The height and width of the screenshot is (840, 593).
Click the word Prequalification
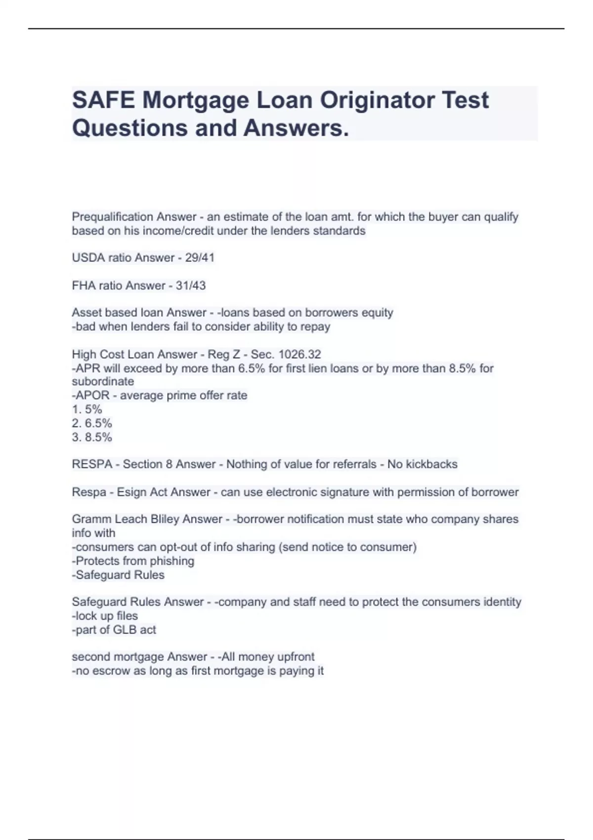coord(112,217)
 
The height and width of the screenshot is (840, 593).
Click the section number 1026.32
coord(300,354)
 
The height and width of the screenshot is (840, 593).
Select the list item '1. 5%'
coord(87,410)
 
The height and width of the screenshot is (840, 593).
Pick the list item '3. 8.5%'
coord(92,437)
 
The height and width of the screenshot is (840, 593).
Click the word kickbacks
coord(431,464)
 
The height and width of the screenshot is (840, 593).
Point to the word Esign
coord(132,492)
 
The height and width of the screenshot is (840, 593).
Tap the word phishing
coord(172,561)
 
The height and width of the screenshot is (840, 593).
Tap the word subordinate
coord(103,382)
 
